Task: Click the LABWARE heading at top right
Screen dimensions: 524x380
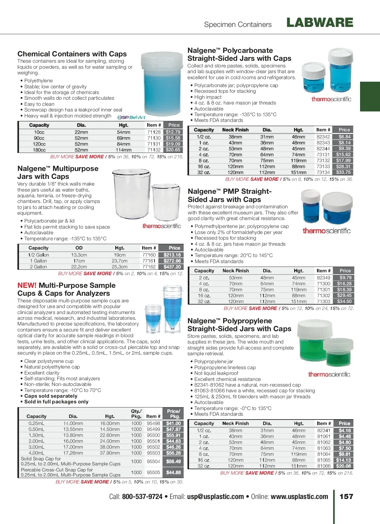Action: click(x=320, y=22)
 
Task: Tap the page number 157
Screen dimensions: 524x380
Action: click(x=346, y=496)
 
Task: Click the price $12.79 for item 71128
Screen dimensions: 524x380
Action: click(x=173, y=132)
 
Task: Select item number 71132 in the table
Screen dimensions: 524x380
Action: click(x=154, y=150)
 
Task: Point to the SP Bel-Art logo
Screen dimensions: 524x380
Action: click(x=131, y=117)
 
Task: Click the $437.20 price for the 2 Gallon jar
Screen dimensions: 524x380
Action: click(x=172, y=267)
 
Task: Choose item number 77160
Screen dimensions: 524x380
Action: click(x=149, y=255)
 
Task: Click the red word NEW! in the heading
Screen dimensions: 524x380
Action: click(x=27, y=285)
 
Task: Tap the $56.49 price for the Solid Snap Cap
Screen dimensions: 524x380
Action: click(x=174, y=461)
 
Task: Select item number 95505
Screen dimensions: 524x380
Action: click(x=153, y=472)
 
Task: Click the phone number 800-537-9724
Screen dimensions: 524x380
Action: click(x=142, y=496)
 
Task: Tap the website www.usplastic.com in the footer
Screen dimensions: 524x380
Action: click(x=299, y=496)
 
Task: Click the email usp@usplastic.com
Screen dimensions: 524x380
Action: click(x=215, y=496)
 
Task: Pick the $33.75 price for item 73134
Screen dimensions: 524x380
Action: click(x=343, y=172)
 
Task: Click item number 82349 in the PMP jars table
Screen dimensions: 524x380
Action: click(x=323, y=278)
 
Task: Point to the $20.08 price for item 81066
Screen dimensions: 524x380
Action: click(x=343, y=466)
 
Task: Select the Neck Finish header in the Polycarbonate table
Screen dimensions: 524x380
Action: click(x=235, y=130)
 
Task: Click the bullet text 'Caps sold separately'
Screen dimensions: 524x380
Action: click(x=51, y=396)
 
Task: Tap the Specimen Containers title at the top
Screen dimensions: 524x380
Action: click(x=238, y=24)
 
